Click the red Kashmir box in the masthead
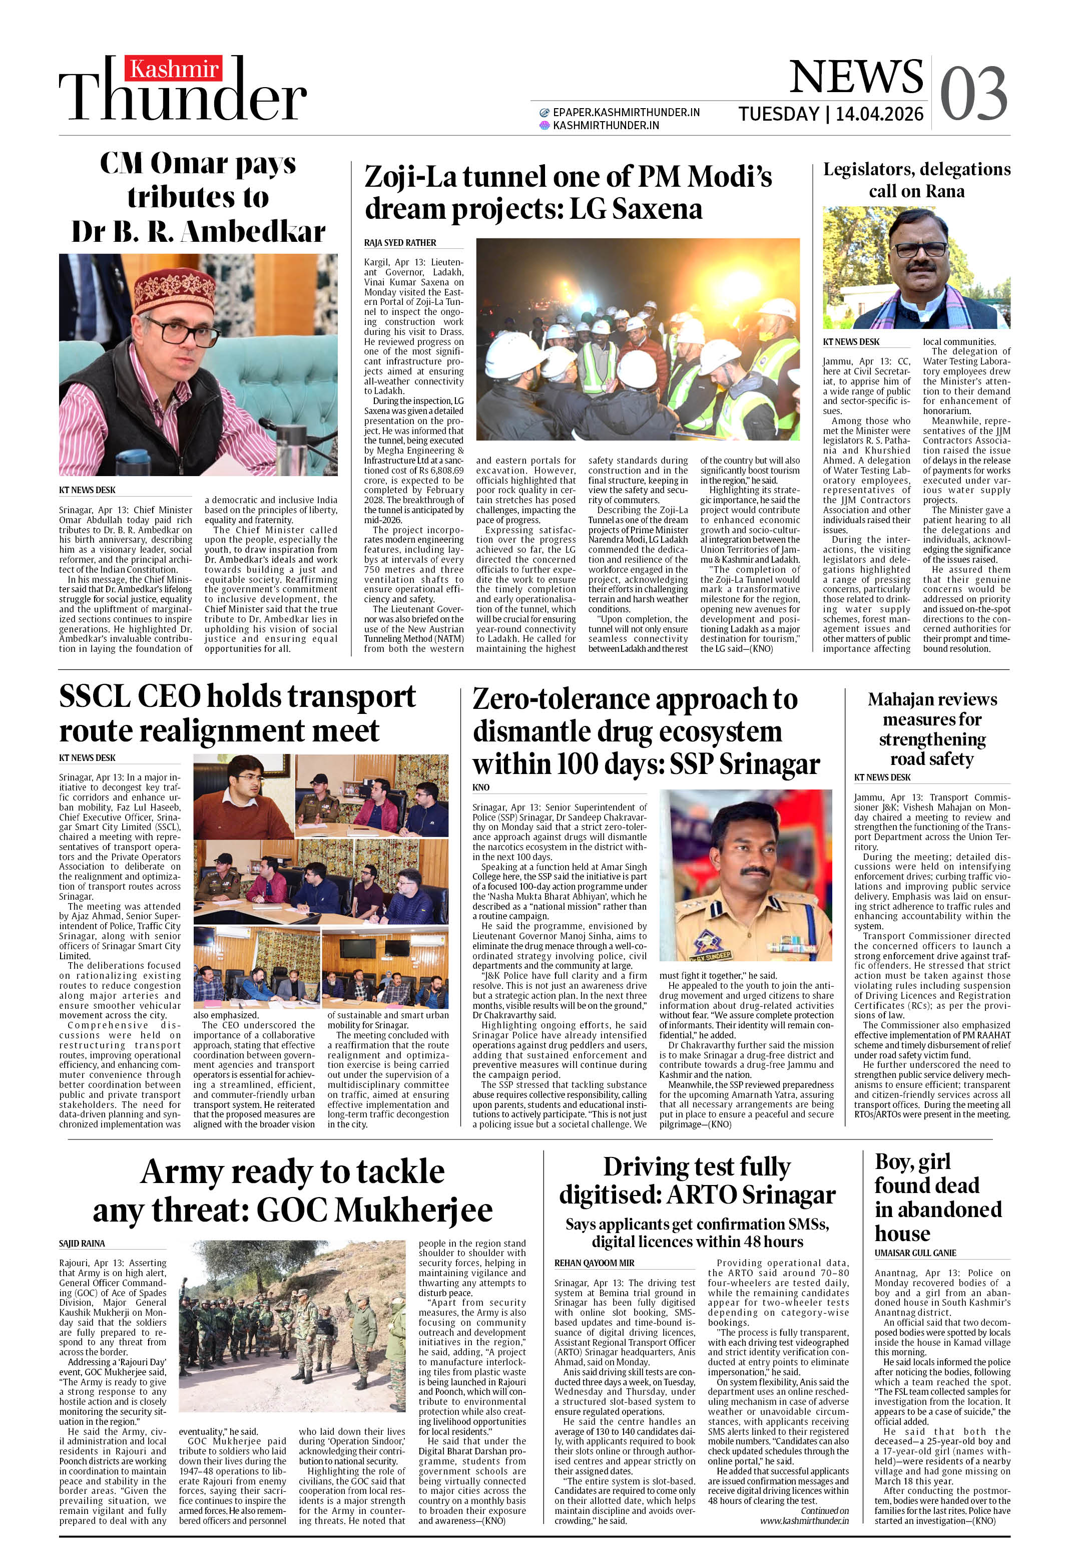click(175, 69)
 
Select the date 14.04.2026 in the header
click(879, 114)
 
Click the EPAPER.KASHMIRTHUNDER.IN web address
click(626, 112)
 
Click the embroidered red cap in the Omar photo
click(175, 289)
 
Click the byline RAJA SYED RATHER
click(400, 243)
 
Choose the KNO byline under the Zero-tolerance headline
click(481, 787)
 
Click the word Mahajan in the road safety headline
click(901, 699)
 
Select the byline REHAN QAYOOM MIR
click(594, 1263)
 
